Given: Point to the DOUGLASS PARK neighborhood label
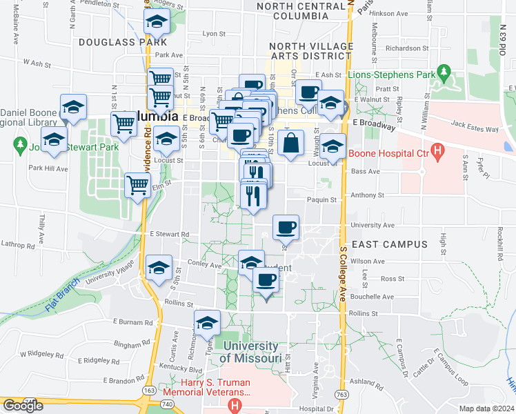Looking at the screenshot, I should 114,42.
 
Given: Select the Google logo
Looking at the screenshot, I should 23,406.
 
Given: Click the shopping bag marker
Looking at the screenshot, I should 292,143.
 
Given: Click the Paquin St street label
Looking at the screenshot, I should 323,200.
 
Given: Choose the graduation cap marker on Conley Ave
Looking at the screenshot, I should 159,268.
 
